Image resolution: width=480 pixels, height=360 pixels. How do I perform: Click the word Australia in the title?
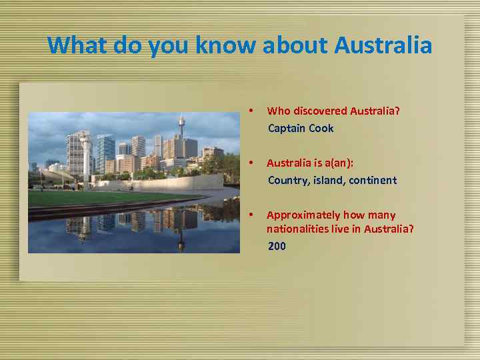(383, 46)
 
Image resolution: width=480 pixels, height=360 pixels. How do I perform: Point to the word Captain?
(287, 128)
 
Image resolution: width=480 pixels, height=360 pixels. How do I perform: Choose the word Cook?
(321, 128)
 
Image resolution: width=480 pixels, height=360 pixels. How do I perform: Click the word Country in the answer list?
(287, 180)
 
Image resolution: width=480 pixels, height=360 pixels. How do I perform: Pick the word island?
(327, 180)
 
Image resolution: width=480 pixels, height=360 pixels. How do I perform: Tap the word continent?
(373, 180)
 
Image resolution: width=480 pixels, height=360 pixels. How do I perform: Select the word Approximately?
(303, 215)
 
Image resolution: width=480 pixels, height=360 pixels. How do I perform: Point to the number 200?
(277, 246)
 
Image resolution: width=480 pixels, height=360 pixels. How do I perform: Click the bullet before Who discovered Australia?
(249, 111)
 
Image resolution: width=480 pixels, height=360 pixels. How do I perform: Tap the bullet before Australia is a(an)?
(249, 163)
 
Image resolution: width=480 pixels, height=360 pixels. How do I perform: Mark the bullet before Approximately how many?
(249, 215)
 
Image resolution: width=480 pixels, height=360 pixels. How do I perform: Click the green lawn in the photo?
(100, 197)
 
